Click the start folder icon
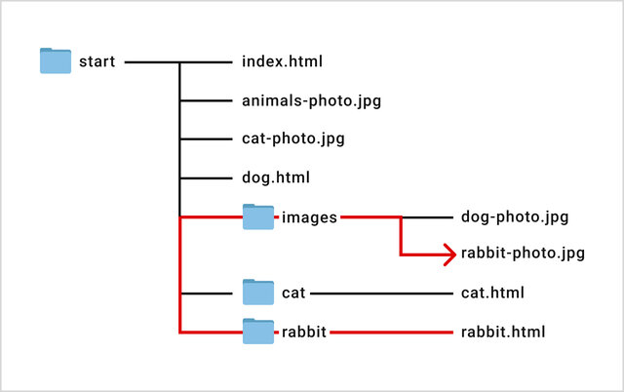pos(56,60)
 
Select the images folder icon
pos(258,216)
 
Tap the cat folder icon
pos(258,293)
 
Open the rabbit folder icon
pos(258,332)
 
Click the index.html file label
pos(282,61)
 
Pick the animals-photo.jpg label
pos(311,101)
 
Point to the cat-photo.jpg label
pos(292,138)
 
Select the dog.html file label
pos(276,177)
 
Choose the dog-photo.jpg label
pos(515,217)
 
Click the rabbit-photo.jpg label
pos(523,254)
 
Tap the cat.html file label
pos(492,293)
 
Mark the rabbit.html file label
pos(503,332)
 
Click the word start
pos(97,61)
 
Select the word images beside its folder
pos(309,217)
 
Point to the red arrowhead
pos(450,255)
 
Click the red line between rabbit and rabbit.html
pos(392,333)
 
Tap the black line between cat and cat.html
pos(381,294)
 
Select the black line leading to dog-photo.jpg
pos(428,217)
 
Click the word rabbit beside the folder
pos(304,332)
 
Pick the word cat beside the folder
pos(293,294)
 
